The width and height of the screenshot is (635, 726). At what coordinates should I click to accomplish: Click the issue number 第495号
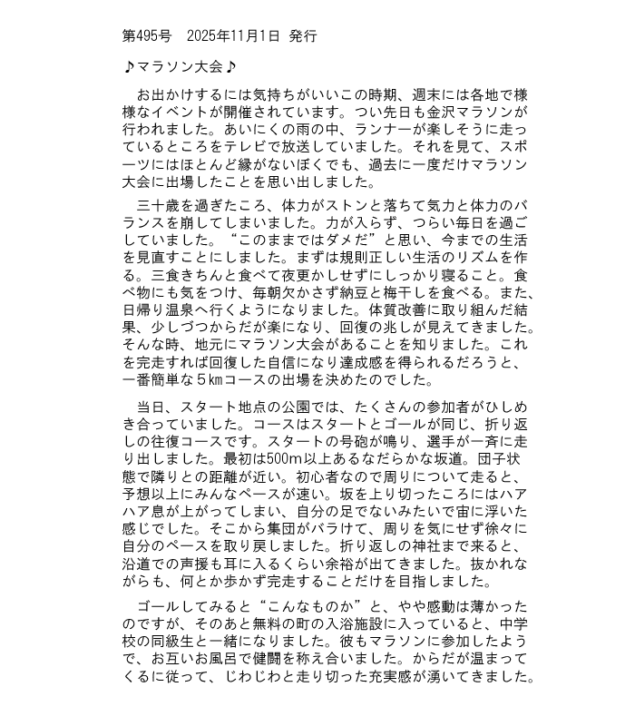click(146, 36)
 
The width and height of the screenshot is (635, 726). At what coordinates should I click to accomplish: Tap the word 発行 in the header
click(303, 36)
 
